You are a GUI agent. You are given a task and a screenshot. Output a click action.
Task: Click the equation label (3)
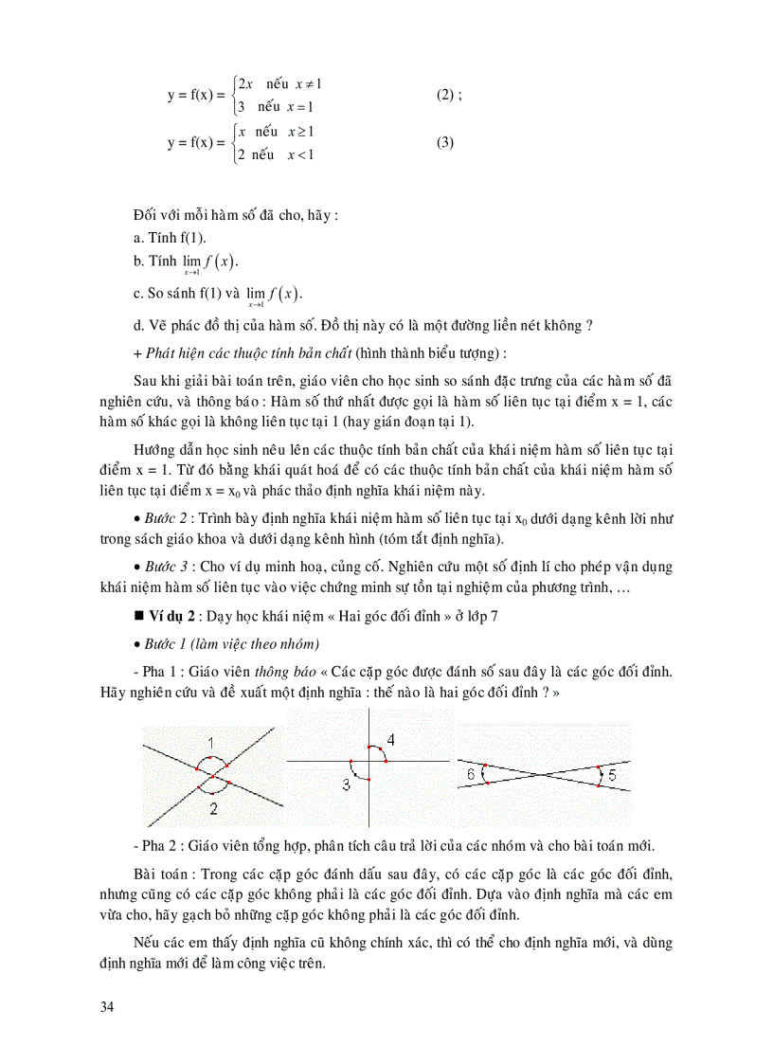point(445,143)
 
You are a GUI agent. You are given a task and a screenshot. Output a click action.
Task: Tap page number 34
point(106,1006)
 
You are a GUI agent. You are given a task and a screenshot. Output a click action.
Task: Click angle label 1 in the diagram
point(211,741)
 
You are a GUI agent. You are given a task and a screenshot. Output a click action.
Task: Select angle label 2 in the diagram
point(213,807)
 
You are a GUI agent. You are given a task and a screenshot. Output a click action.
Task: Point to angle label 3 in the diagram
point(346,784)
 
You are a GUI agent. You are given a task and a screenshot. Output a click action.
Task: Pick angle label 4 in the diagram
point(390,739)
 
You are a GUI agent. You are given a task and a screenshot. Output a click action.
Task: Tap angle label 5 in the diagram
point(611,775)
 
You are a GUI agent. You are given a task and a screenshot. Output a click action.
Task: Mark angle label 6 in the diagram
point(472,774)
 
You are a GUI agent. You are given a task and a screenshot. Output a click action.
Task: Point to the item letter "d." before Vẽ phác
point(140,325)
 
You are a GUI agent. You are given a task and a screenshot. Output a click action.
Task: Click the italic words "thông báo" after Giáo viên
point(292,672)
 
